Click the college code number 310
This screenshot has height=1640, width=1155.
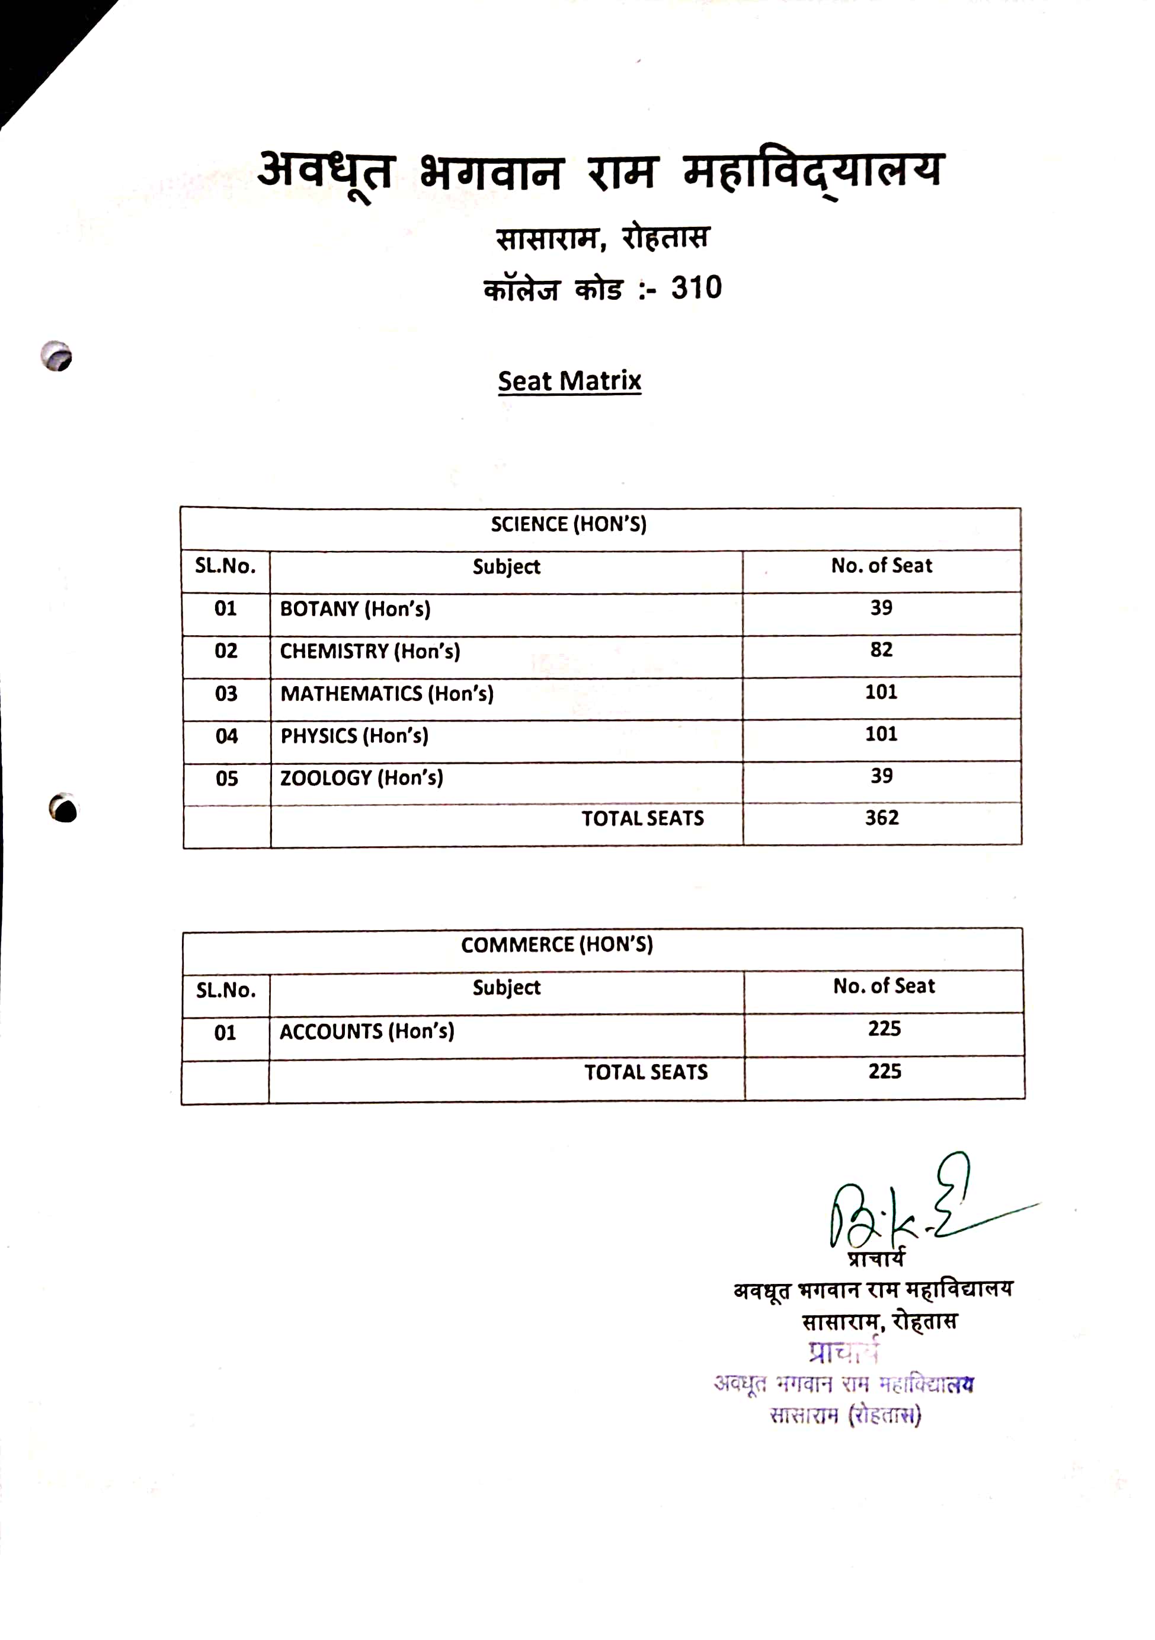click(x=696, y=288)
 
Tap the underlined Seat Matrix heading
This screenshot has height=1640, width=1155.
click(x=569, y=381)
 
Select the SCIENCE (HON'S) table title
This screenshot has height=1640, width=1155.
click(x=568, y=524)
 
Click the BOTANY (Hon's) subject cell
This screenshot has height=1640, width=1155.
click(x=355, y=608)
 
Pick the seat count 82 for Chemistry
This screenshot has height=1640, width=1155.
click(x=881, y=649)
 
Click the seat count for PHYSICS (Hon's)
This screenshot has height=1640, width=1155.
click(x=881, y=733)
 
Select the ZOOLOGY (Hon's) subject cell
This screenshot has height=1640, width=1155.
click(x=361, y=777)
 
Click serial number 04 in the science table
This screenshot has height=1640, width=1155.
click(x=226, y=736)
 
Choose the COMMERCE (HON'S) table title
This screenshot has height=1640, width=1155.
click(x=557, y=945)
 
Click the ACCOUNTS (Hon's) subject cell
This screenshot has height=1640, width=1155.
click(x=366, y=1032)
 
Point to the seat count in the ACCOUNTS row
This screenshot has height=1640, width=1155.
click(x=884, y=1029)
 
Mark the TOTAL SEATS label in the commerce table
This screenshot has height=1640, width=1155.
click(x=646, y=1072)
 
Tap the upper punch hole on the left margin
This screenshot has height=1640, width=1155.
click(x=56, y=355)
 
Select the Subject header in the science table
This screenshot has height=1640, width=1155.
click(x=507, y=566)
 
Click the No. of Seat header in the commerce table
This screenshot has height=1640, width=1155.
click(x=884, y=986)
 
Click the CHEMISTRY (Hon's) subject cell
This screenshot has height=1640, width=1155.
click(x=369, y=651)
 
